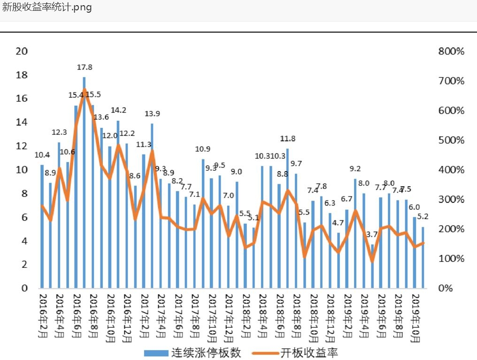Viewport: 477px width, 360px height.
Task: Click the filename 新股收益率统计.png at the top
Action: point(47,8)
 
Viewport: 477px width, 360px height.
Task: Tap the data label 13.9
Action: point(152,114)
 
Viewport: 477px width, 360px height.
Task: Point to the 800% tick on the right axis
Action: point(451,51)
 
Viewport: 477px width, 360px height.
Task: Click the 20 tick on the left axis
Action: point(22,51)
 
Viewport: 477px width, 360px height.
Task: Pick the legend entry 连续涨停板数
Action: point(192,352)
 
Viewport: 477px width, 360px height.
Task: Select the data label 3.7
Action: point(372,234)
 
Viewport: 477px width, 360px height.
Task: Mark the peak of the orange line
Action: point(85,89)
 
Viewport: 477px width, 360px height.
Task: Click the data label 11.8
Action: point(287,139)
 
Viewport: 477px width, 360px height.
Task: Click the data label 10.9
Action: point(203,149)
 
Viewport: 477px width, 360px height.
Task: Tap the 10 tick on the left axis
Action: point(22,170)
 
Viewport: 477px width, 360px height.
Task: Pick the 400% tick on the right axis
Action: point(451,170)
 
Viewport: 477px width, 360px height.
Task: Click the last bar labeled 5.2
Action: point(423,258)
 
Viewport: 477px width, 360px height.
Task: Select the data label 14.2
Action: point(118,110)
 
